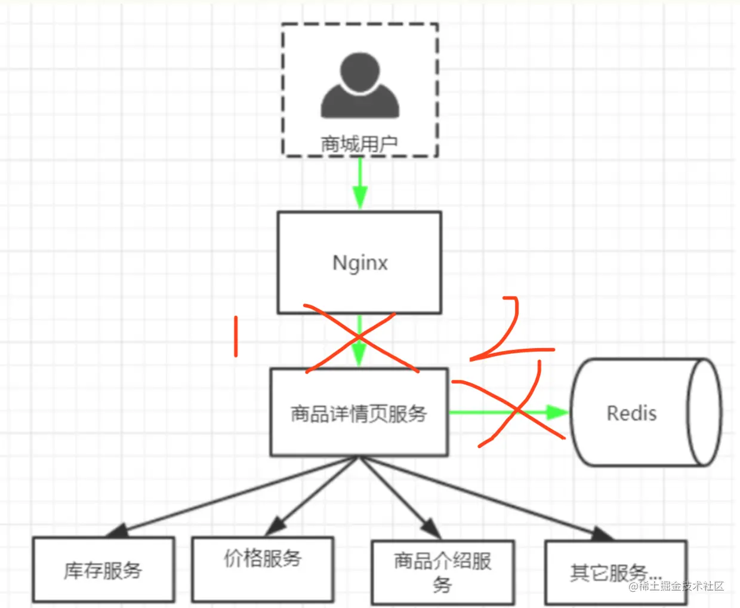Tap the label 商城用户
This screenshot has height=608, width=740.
click(x=359, y=144)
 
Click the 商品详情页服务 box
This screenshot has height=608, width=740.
click(x=359, y=413)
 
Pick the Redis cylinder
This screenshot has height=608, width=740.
click(x=645, y=412)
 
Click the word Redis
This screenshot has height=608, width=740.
click(x=631, y=413)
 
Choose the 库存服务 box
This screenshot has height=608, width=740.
click(x=103, y=570)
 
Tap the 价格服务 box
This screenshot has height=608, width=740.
click(x=263, y=569)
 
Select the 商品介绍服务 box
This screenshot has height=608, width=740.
click(x=442, y=572)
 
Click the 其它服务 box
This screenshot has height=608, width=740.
click(x=615, y=572)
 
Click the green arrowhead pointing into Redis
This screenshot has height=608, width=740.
click(x=557, y=412)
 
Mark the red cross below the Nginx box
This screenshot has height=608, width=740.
click(x=360, y=342)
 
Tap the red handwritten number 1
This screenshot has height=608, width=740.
click(x=236, y=336)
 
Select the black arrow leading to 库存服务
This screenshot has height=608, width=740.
click(x=233, y=496)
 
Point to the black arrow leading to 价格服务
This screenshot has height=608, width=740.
click(x=313, y=496)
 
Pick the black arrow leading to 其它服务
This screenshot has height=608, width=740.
click(x=483, y=496)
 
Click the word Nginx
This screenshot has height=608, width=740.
click(x=360, y=263)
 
